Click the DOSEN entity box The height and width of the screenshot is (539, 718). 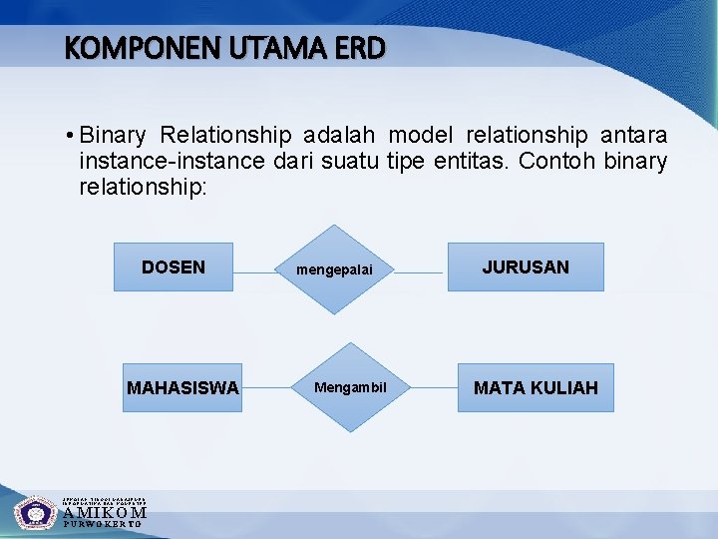[x=173, y=267]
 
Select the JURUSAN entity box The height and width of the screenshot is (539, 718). [x=525, y=267]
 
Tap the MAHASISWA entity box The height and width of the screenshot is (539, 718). [x=181, y=387]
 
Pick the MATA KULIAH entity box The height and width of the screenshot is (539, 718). [x=536, y=387]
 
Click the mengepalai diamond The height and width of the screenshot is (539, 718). [x=344, y=270]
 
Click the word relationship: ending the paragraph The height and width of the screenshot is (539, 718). [x=142, y=186]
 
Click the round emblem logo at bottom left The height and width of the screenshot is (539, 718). [x=36, y=512]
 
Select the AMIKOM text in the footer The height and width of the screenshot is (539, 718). [x=104, y=513]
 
